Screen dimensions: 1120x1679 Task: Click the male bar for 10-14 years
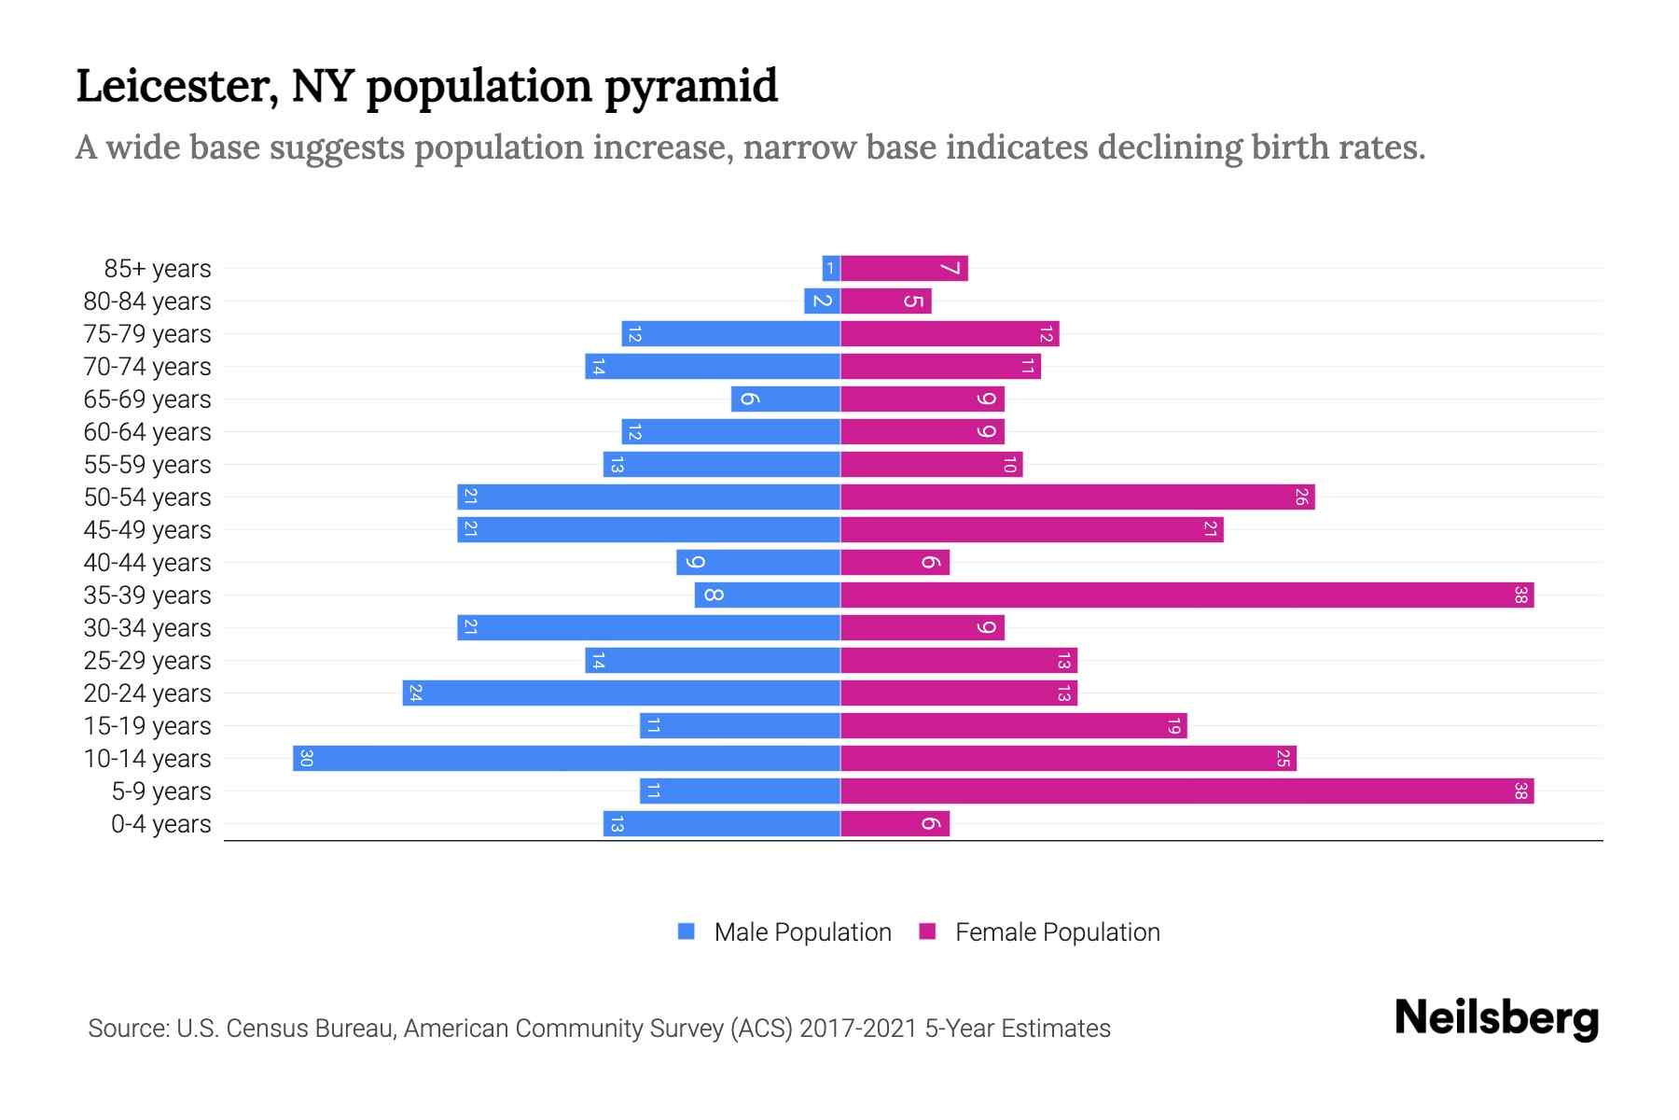(x=566, y=758)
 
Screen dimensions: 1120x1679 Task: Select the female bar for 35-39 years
(x=1186, y=595)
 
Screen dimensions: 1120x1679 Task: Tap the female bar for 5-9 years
(x=1186, y=791)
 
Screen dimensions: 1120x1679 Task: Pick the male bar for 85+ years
(x=831, y=269)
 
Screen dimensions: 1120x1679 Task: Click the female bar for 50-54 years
(x=1077, y=497)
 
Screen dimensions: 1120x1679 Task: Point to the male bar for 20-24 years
(x=621, y=693)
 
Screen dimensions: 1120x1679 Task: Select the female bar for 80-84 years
(x=886, y=301)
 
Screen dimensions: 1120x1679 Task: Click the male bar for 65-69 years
(x=785, y=399)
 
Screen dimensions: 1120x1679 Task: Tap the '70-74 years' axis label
(x=147, y=367)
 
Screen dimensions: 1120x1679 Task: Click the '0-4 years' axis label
(x=160, y=824)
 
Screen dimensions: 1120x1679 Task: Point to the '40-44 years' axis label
(x=147, y=563)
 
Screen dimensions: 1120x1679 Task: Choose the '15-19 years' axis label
(x=147, y=726)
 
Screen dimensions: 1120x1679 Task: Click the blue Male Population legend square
(x=687, y=931)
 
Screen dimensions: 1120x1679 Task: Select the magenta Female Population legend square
(x=927, y=931)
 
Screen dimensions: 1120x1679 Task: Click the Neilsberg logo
(x=1496, y=1018)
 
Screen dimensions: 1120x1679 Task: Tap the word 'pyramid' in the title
(x=690, y=87)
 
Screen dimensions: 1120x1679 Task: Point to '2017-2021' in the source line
(x=858, y=1029)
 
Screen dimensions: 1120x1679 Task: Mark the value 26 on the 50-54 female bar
(x=1301, y=497)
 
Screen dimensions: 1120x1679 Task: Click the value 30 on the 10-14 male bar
(x=306, y=758)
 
